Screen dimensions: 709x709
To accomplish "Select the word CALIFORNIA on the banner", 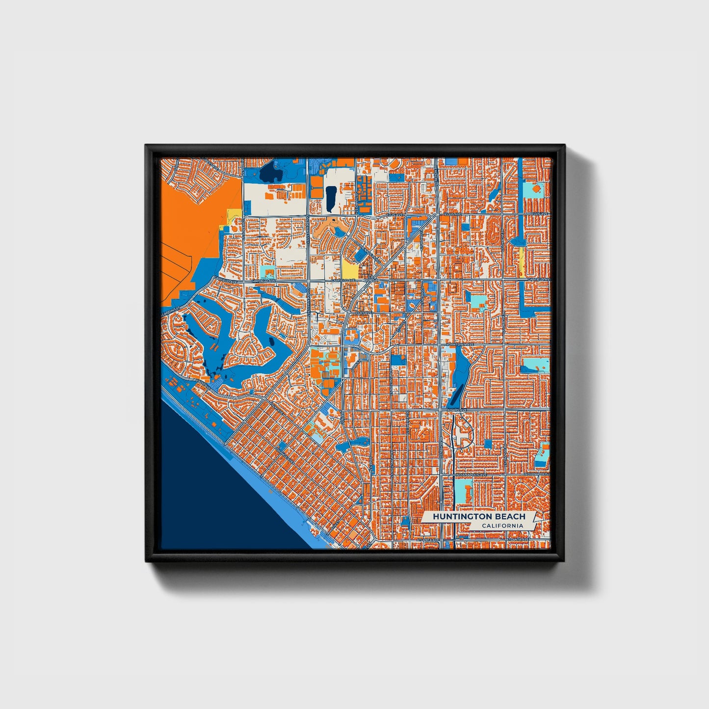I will pos(502,526).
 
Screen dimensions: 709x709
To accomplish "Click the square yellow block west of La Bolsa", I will pos(349,268).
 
